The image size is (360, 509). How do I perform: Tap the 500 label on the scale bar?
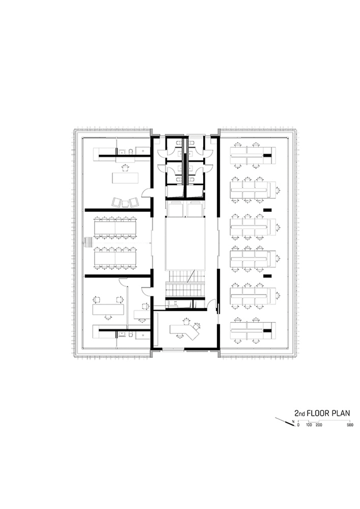[x=350, y=425]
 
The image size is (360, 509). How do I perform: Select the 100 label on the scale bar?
[x=309, y=425]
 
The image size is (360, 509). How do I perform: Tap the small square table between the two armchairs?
[x=126, y=203]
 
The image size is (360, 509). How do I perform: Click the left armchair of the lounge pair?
[x=117, y=202]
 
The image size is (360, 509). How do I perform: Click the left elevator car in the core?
[x=175, y=209]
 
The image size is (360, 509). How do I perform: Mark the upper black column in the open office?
[x=267, y=210]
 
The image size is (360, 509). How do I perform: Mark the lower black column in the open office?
[x=267, y=276]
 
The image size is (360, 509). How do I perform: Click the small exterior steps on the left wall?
[x=88, y=242]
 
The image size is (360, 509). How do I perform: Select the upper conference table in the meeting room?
[x=115, y=227]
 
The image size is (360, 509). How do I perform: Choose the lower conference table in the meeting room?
[x=115, y=258]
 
